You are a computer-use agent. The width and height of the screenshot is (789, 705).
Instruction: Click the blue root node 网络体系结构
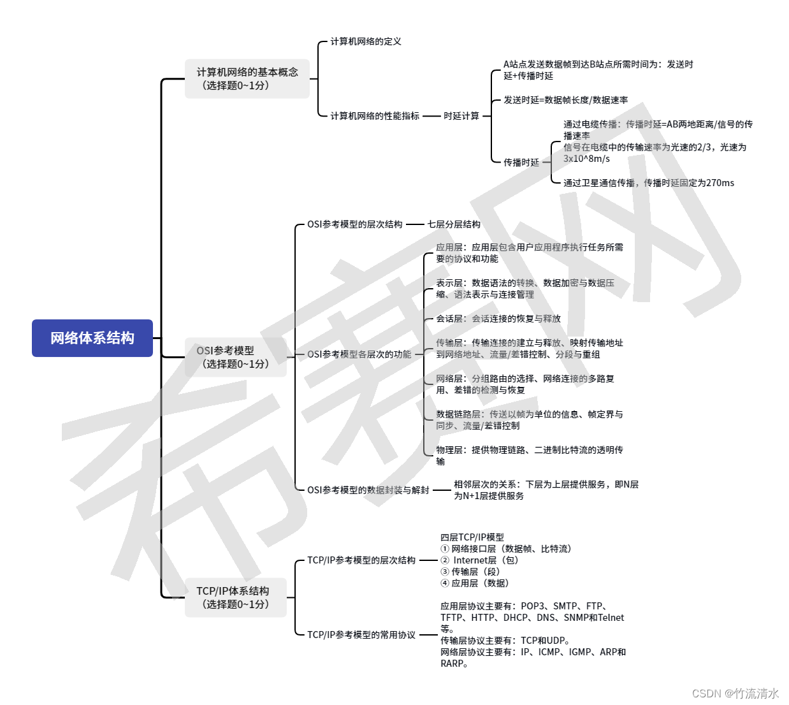click(x=92, y=338)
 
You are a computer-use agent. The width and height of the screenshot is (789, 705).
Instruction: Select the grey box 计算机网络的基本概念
click(x=247, y=78)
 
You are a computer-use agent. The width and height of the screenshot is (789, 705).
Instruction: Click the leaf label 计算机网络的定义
click(x=366, y=41)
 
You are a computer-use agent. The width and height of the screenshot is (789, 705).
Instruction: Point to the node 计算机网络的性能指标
click(x=375, y=116)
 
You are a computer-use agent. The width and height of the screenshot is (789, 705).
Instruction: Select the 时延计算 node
click(x=461, y=116)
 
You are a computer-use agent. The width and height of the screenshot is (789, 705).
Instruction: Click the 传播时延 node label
click(x=521, y=163)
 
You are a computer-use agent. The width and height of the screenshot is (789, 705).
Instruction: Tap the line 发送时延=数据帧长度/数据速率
click(x=566, y=100)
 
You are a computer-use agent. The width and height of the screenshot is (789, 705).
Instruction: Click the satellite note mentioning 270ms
click(x=649, y=183)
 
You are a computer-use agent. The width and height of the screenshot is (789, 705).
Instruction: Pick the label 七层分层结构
click(x=454, y=224)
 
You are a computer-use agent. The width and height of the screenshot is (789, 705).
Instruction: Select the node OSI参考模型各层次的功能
click(x=359, y=354)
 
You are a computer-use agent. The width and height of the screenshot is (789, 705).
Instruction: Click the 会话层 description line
click(x=498, y=319)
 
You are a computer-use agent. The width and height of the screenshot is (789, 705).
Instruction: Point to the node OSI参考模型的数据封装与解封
click(x=368, y=490)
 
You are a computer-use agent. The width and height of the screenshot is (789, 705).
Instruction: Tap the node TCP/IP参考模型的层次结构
click(x=361, y=560)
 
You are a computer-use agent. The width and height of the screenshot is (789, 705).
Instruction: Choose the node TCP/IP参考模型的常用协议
click(x=361, y=635)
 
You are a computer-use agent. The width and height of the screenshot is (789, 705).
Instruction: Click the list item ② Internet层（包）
click(x=480, y=560)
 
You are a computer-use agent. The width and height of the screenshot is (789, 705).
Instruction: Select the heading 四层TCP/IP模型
click(x=472, y=537)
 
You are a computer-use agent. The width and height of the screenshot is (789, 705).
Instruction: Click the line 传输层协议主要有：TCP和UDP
click(x=505, y=641)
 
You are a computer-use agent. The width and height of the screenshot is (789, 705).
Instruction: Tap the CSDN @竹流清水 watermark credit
click(x=735, y=694)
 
